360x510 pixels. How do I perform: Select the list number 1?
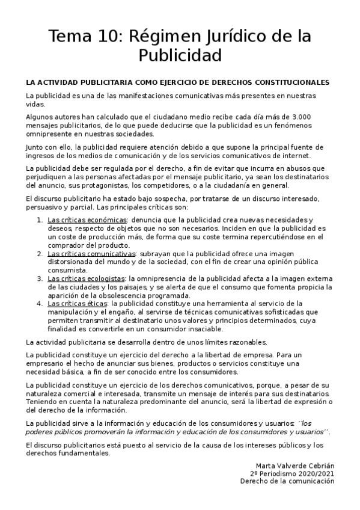(x=39, y=220)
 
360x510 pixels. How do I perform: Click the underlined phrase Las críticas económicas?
(x=87, y=220)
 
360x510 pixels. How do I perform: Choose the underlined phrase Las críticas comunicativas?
(x=91, y=254)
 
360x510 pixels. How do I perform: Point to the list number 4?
(x=39, y=304)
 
